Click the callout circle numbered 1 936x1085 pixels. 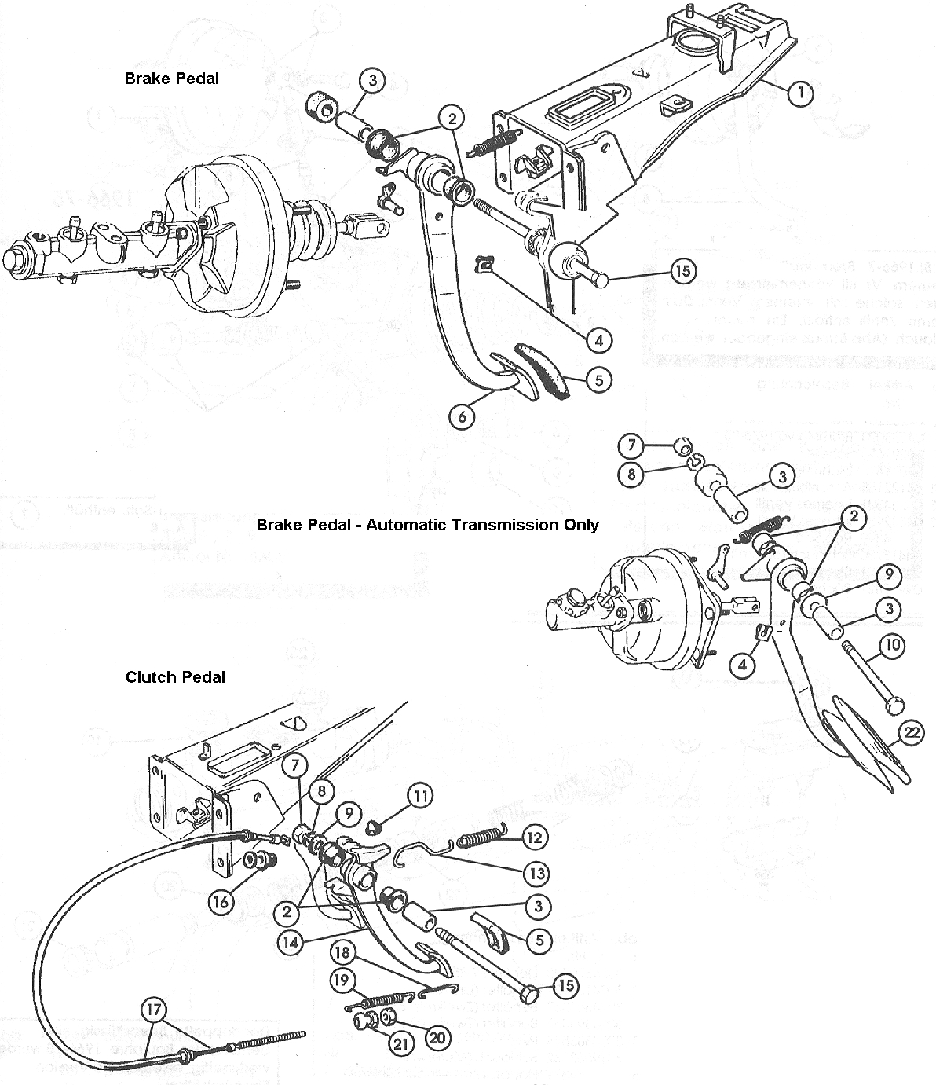800,93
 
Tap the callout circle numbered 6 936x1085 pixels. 462,415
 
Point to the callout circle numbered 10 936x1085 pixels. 891,646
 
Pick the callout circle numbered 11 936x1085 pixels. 420,796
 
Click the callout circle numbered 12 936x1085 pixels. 536,838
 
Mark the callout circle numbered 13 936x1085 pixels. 539,873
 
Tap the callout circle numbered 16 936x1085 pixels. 221,902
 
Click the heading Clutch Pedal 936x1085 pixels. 175,676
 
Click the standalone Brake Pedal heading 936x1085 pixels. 171,78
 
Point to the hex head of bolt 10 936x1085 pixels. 893,706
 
